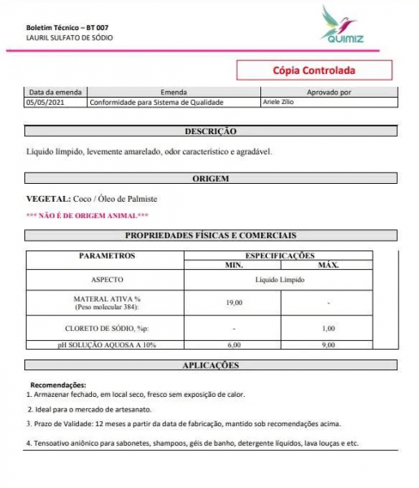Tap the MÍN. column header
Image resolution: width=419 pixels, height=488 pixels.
click(234, 264)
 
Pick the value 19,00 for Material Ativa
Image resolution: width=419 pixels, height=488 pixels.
click(234, 303)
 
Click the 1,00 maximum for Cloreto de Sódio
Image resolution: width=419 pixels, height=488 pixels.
click(328, 329)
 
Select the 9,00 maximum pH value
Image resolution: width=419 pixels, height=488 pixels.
click(328, 345)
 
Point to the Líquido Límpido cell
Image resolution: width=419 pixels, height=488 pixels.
click(280, 279)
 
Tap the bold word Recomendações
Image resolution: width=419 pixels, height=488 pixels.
click(58, 385)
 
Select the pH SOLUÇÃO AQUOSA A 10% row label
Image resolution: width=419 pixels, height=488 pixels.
click(107, 345)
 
